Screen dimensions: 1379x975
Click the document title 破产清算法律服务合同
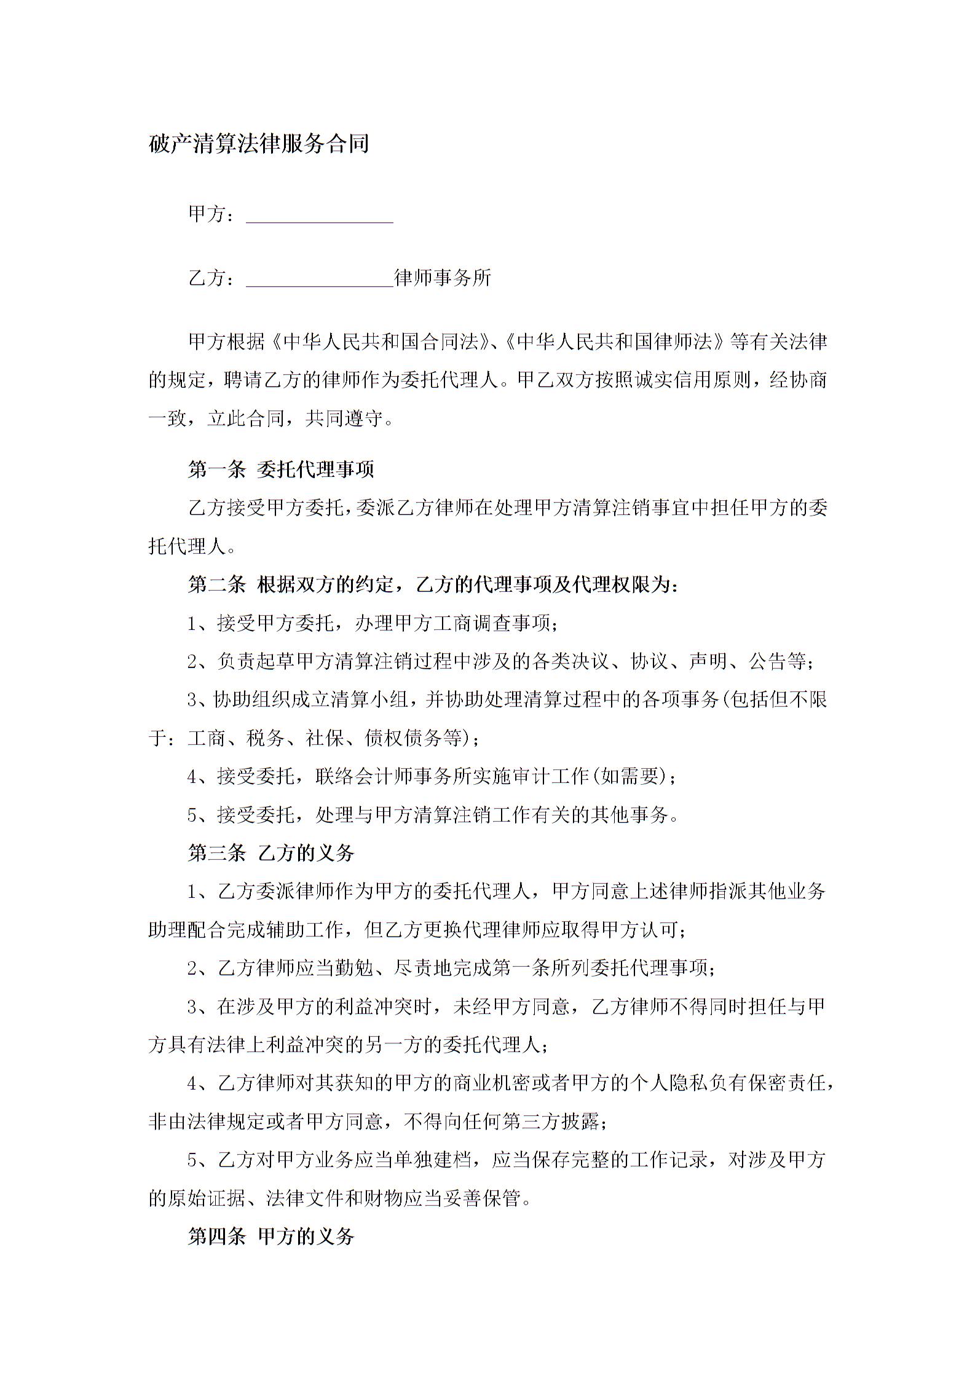(x=259, y=144)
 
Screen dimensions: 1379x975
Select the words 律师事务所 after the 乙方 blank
(x=443, y=278)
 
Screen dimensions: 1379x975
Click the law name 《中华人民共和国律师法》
(x=615, y=342)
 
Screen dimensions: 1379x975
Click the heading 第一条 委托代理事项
(x=281, y=470)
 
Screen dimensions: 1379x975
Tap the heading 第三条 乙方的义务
(x=271, y=853)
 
